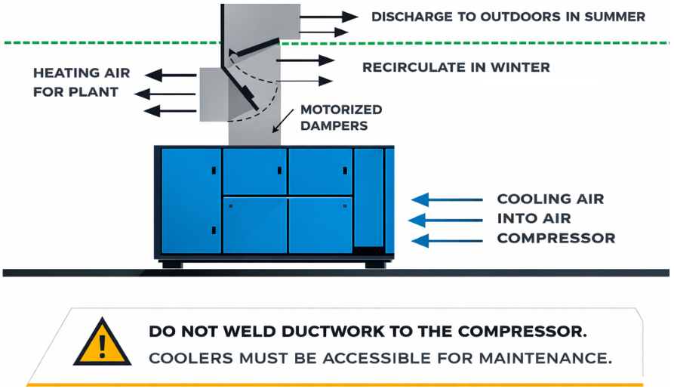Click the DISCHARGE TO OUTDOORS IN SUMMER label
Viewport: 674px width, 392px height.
point(508,16)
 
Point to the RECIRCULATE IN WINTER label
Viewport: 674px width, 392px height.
point(456,67)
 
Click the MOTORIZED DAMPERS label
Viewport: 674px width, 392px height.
point(341,117)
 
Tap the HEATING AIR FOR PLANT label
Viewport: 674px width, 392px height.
point(82,82)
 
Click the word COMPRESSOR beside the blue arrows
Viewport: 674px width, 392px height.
point(556,238)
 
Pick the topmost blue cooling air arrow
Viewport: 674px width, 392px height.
point(446,199)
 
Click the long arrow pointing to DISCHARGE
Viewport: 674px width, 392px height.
point(328,16)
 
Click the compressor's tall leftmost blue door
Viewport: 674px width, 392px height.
point(190,200)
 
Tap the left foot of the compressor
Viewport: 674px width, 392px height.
point(171,264)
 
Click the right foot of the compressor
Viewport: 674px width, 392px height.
point(376,264)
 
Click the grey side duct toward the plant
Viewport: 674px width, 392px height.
point(213,94)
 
